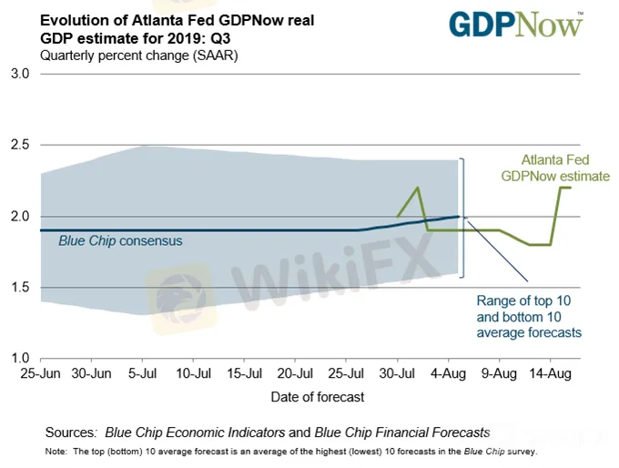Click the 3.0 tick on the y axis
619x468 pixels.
(x=21, y=74)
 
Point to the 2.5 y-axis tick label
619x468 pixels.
(x=21, y=145)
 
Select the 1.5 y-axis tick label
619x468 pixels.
(x=21, y=288)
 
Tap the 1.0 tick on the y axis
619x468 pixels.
(x=21, y=359)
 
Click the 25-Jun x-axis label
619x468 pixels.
(x=41, y=374)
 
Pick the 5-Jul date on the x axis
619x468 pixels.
(x=143, y=374)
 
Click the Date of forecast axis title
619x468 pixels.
(x=317, y=397)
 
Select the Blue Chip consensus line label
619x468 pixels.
(x=120, y=241)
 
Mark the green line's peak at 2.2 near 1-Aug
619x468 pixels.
(x=418, y=188)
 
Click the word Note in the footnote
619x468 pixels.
(x=56, y=451)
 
